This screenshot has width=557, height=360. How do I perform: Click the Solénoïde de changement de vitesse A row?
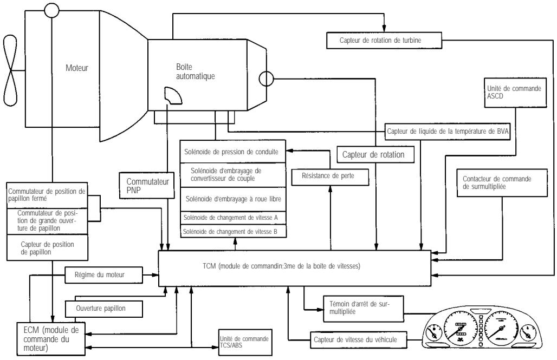[234, 218]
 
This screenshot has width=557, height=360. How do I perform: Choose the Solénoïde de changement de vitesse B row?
[234, 232]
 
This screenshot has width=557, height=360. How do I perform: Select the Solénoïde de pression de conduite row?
[234, 153]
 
